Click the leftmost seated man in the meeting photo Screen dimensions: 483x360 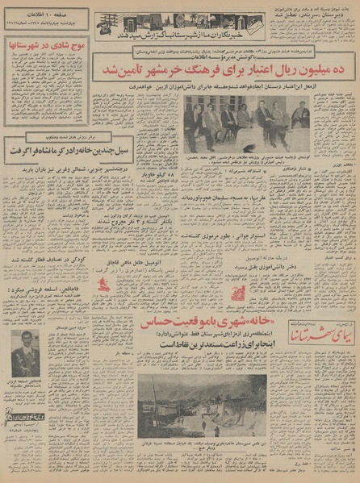point(194,125)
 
